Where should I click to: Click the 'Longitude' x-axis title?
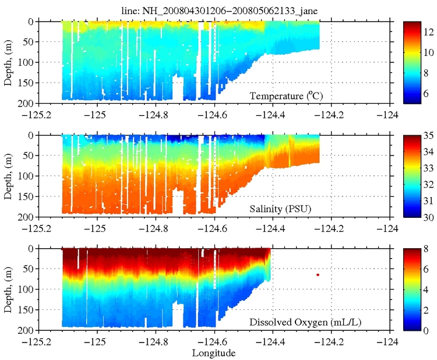point(215,353)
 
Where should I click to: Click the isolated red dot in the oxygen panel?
point(318,274)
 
